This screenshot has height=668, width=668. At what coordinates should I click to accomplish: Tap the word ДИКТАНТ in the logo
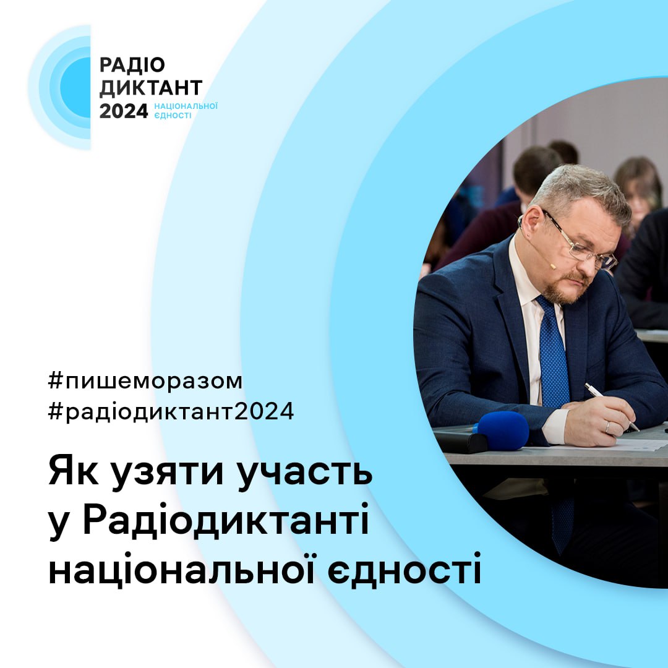click(151, 88)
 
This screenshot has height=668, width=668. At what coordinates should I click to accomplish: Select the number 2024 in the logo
click(124, 111)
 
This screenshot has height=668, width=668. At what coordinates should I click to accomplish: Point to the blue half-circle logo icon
click(68, 87)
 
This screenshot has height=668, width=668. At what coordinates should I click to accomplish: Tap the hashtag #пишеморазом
click(145, 381)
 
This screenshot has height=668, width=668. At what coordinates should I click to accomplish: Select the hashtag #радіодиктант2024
click(171, 412)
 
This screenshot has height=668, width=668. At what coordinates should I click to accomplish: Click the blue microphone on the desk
click(501, 430)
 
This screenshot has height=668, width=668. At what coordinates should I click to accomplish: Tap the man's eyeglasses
click(581, 244)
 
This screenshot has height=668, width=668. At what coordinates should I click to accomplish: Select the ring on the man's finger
click(608, 426)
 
